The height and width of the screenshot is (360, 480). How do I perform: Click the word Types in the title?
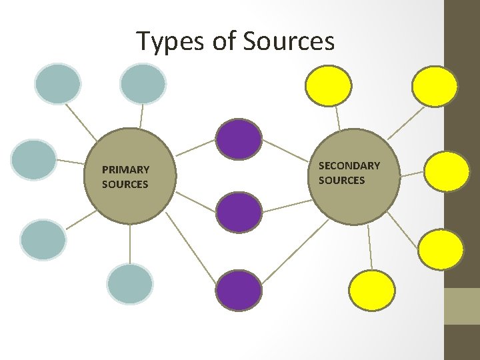coord(171,42)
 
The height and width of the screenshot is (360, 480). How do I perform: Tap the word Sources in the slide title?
coord(289,41)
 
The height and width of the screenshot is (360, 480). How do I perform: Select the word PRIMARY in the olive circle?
coord(125,170)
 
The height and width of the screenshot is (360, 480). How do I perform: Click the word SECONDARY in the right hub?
coord(349,165)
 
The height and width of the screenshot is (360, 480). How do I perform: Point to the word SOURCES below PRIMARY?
coord(125,184)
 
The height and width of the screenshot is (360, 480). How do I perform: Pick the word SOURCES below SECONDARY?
coord(341,180)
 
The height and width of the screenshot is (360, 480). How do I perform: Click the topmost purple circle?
coord(239,139)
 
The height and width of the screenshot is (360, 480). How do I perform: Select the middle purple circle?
coord(239,212)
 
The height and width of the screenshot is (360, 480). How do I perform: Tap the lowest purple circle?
coord(239,290)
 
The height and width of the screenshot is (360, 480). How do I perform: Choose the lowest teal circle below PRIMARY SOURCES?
coord(130,283)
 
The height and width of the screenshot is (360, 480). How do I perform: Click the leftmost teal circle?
coord(34,160)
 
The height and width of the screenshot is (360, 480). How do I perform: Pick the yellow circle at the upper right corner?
coord(435,86)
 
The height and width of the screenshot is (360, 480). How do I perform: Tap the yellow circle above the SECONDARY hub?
coord(329,86)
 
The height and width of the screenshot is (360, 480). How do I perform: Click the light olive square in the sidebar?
coord(462,306)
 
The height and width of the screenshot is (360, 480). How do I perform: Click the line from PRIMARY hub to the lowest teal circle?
coord(130,243)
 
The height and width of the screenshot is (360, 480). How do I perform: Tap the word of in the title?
coord(224,41)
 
